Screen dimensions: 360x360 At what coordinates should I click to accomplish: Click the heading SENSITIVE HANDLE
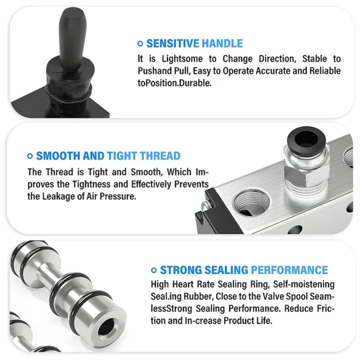click(x=194, y=43)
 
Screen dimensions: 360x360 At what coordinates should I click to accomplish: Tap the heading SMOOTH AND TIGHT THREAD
click(x=108, y=156)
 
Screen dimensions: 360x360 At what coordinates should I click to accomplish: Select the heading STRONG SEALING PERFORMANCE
click(x=244, y=270)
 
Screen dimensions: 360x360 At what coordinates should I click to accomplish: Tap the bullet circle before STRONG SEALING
click(x=153, y=271)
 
